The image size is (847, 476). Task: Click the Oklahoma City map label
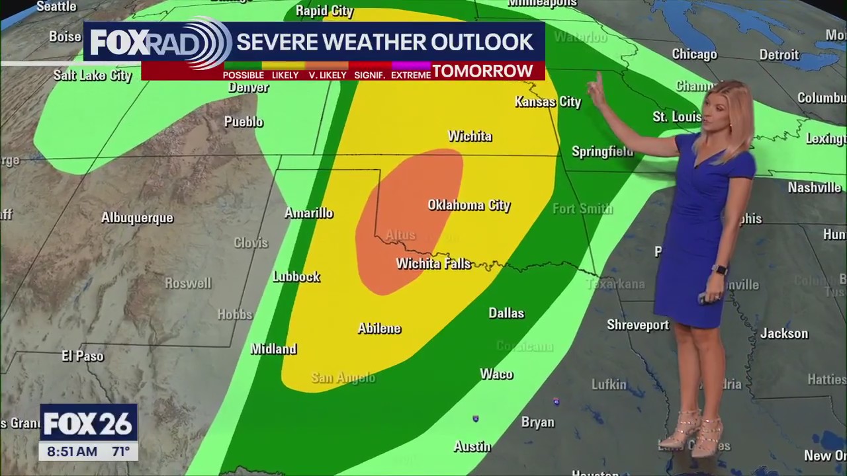click(x=468, y=205)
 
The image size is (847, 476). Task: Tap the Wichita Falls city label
click(x=433, y=264)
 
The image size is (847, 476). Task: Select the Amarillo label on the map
click(x=308, y=213)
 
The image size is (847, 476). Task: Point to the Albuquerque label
click(x=137, y=218)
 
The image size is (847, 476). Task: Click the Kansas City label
click(x=547, y=102)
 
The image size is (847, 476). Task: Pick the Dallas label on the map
click(x=506, y=313)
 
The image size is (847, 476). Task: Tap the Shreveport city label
click(x=638, y=325)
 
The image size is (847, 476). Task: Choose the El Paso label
click(x=83, y=356)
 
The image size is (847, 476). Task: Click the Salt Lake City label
click(x=93, y=75)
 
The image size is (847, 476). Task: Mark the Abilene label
click(x=379, y=329)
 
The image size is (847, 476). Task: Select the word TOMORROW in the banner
click(x=482, y=71)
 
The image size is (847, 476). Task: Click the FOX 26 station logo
click(x=89, y=423)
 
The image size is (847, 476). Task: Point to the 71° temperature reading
click(x=120, y=452)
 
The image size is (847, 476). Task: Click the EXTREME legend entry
click(x=411, y=75)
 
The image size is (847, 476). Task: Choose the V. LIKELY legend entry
click(x=328, y=75)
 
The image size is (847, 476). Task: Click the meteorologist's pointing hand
click(x=597, y=91)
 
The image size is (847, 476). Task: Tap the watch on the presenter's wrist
click(x=720, y=270)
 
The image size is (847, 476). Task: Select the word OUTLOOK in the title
click(x=482, y=42)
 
